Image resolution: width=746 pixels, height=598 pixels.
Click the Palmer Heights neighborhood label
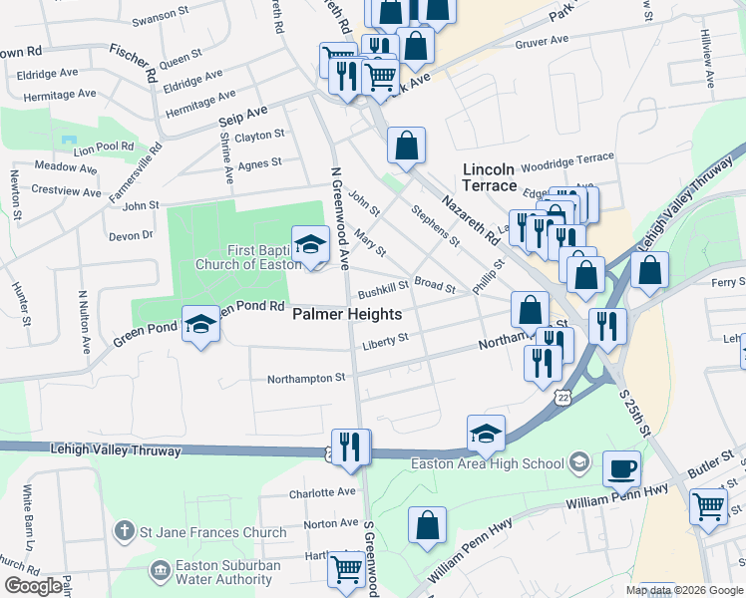click(x=347, y=314)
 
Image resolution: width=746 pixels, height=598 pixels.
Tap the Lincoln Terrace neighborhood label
click(x=490, y=177)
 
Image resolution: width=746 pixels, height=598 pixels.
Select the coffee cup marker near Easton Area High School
click(x=623, y=467)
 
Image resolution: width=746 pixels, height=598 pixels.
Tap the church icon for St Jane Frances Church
click(x=124, y=532)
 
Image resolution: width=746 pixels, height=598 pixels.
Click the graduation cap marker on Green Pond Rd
click(x=201, y=324)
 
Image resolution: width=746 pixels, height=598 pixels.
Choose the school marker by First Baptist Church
click(x=310, y=243)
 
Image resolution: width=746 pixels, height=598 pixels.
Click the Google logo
click(x=33, y=586)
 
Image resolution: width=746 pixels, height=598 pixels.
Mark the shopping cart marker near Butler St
click(x=709, y=505)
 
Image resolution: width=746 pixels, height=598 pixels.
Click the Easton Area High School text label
click(x=487, y=463)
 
